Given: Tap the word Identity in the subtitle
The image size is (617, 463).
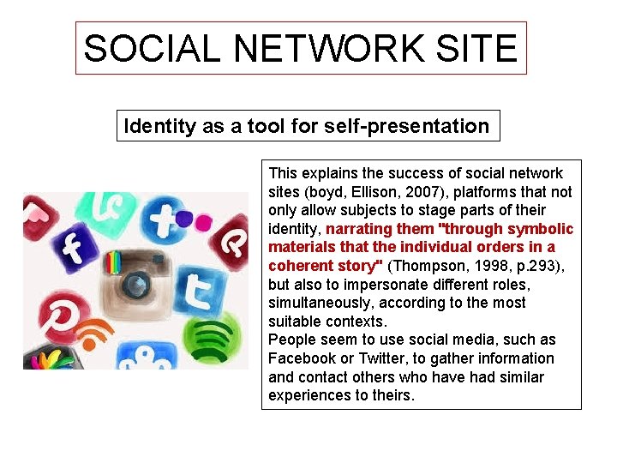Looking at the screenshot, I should tap(160, 126).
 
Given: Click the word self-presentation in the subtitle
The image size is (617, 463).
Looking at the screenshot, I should tap(407, 126).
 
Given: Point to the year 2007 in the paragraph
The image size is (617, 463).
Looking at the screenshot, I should tap(413, 192).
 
